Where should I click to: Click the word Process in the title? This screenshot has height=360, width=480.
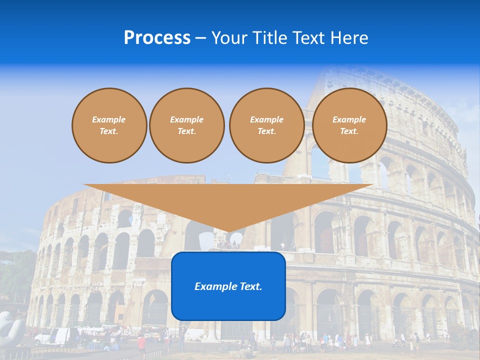157,38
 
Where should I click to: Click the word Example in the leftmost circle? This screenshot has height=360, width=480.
109,119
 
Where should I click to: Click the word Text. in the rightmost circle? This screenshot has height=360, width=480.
349,131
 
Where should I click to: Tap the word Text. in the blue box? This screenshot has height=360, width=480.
251,286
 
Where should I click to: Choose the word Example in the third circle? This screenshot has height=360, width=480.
266,119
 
